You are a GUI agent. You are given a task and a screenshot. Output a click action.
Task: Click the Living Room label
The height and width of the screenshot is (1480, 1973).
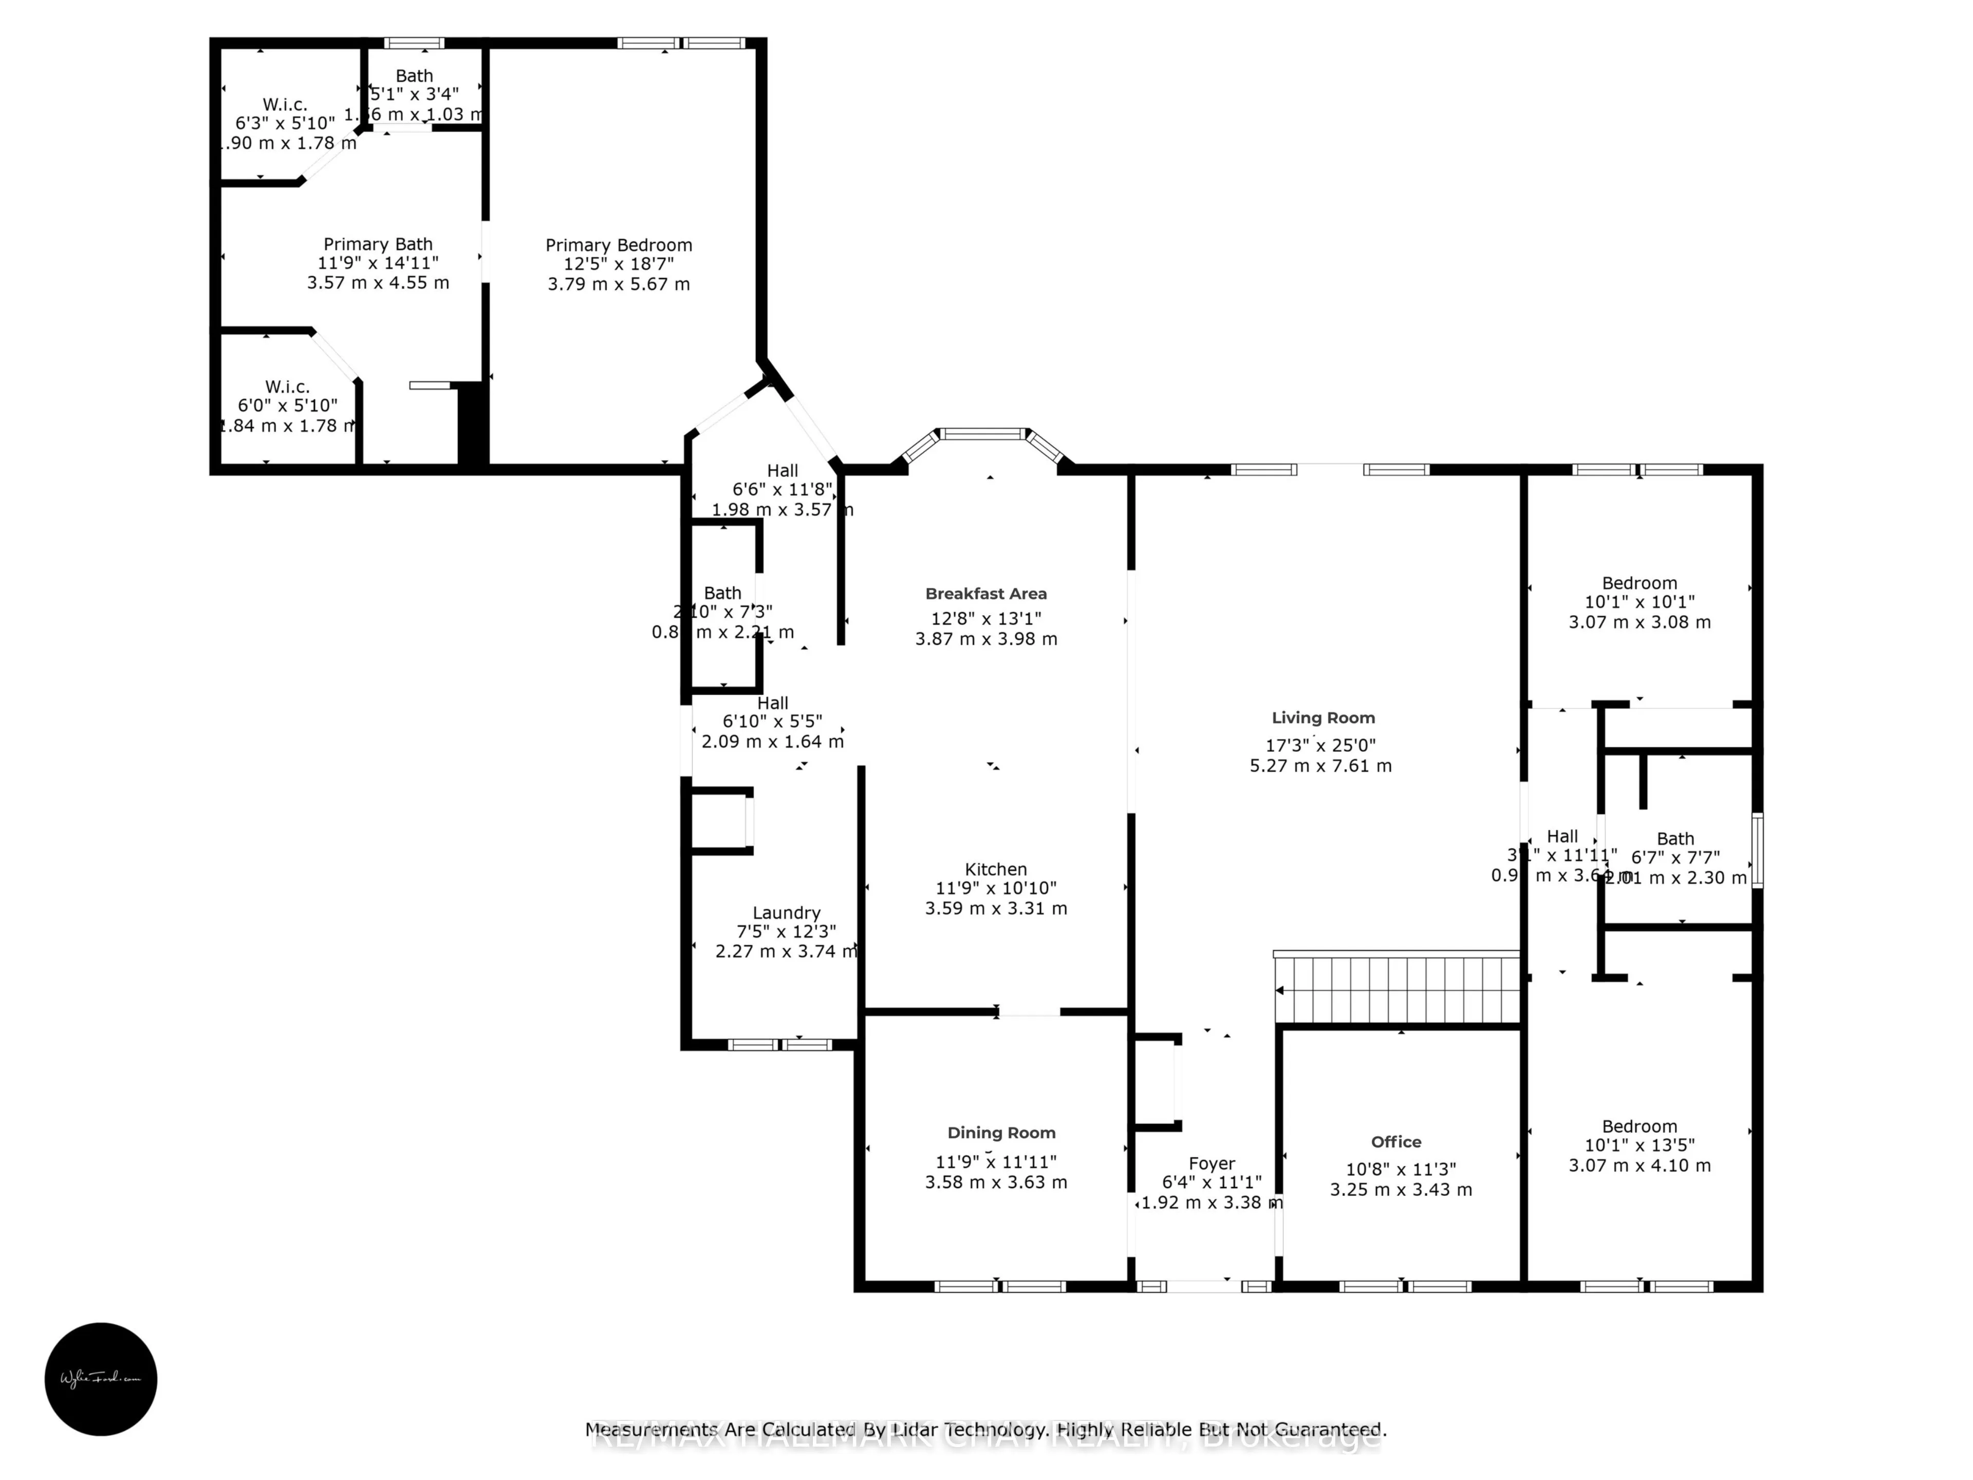(1323, 718)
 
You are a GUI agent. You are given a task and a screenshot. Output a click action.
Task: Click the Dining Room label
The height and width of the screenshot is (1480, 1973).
(1001, 1133)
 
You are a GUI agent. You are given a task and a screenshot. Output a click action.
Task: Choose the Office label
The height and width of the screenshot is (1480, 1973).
(1396, 1142)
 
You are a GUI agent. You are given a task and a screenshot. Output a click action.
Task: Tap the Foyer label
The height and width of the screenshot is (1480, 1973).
(1211, 1163)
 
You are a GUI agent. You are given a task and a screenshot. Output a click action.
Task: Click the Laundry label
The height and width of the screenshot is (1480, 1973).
(786, 913)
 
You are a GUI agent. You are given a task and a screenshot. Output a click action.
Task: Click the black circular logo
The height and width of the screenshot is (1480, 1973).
(101, 1378)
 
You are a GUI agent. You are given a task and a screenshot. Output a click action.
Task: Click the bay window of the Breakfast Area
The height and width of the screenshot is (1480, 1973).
(985, 434)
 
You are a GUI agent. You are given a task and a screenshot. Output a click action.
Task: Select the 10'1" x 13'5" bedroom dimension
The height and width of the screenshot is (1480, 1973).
(1640, 1145)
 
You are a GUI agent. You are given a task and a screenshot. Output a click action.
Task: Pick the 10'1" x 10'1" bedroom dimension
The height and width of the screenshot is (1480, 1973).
(1640, 602)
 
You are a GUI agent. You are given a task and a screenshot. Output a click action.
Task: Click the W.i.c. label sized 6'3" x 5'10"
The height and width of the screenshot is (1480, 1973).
(285, 104)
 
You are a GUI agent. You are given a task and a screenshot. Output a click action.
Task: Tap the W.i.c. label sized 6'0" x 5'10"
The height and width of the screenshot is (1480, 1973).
(287, 386)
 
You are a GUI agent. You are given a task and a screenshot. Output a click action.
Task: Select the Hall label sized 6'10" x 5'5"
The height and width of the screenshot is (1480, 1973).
(772, 703)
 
